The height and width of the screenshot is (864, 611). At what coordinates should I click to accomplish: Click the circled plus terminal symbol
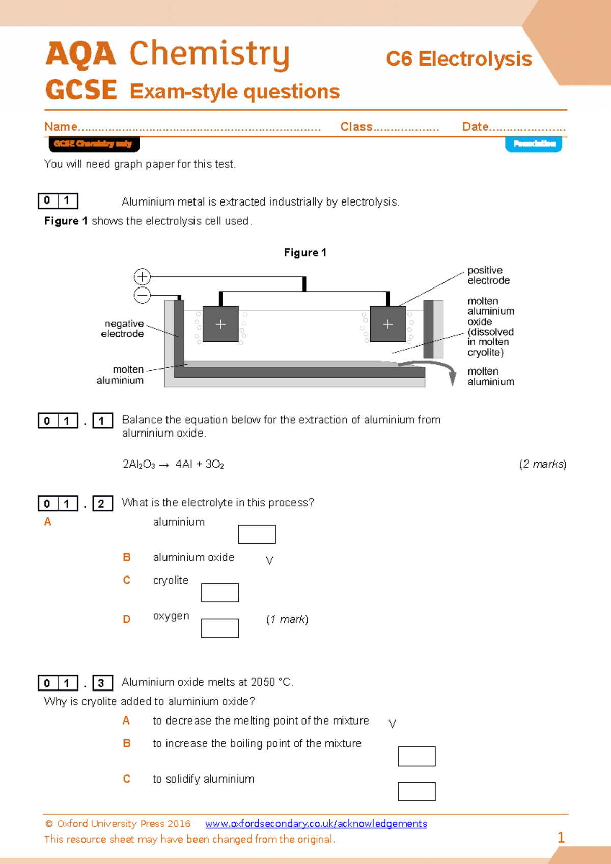tap(142, 277)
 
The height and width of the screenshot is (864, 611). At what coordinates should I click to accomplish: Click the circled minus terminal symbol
tap(142, 295)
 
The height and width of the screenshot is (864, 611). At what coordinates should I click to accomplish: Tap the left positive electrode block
tap(220, 324)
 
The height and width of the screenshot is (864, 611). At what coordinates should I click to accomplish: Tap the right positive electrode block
tap(387, 324)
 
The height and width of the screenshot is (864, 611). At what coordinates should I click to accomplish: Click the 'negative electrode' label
tap(123, 329)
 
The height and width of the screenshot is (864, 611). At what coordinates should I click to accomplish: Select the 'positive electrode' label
tap(488, 275)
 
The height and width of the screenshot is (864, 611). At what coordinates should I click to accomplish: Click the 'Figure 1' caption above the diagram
tap(305, 253)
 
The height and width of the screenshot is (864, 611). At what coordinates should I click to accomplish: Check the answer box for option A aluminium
tap(257, 534)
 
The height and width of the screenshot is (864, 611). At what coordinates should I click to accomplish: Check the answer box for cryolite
tap(219, 593)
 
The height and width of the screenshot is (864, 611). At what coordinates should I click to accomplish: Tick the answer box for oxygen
tap(219, 628)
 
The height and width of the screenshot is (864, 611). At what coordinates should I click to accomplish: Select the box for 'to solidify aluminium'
tap(416, 791)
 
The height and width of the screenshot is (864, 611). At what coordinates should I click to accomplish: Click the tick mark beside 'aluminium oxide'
tap(269, 561)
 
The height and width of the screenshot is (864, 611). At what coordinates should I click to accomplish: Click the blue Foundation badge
tap(534, 144)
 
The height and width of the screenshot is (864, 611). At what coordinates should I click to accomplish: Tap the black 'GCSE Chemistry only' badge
tap(94, 144)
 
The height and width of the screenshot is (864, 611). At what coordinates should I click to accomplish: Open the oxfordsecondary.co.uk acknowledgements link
tap(316, 824)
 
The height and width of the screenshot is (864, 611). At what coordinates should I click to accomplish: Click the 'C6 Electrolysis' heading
tap(459, 59)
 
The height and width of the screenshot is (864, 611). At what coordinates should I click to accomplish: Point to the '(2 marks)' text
tap(542, 464)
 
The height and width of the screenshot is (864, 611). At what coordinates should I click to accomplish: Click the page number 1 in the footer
tap(561, 838)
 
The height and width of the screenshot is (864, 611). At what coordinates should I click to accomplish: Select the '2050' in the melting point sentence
tap(263, 682)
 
